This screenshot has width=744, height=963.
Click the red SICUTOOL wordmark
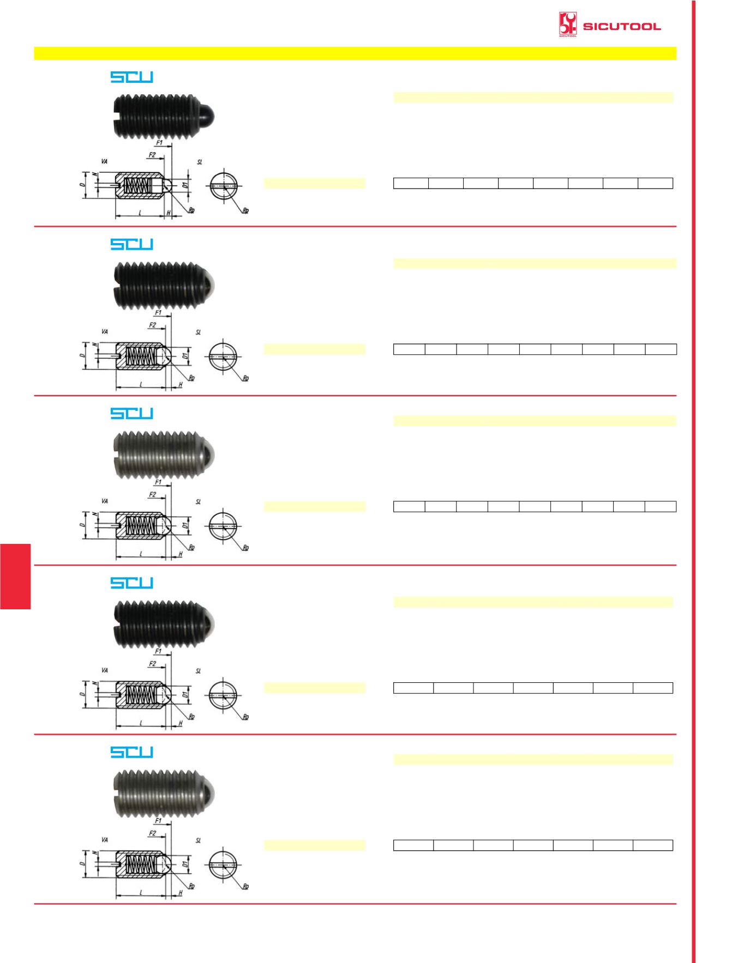pos(622,26)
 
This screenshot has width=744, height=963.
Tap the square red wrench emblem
pos(568,25)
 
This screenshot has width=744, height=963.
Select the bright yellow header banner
pos(355,53)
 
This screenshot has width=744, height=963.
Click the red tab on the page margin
pos(15,576)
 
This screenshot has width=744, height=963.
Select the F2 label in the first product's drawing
pos(152,155)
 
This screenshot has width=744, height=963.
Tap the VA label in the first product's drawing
pos(104,161)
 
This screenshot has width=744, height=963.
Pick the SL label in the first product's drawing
pos(200,162)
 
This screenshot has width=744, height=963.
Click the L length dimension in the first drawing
pos(140,213)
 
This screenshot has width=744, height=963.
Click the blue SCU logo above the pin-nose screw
pos(131,77)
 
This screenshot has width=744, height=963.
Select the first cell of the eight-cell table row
pos(411,183)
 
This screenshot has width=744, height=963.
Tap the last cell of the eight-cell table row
pos(655,183)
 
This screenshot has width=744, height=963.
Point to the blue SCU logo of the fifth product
pos(131,752)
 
